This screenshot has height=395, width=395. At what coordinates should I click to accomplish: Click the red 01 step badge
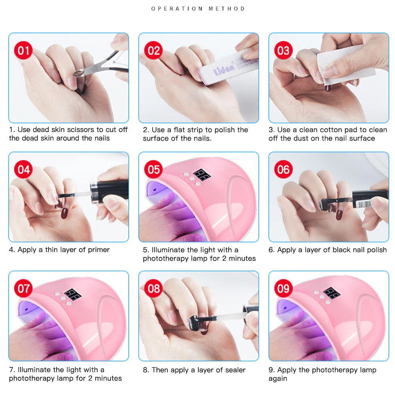(23, 51)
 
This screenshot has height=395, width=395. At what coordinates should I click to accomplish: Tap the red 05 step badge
(153, 169)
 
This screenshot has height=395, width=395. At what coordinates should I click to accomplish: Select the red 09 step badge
(283, 288)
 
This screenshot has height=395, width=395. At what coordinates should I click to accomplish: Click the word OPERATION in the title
(177, 9)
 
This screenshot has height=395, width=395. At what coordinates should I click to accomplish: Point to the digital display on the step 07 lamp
(73, 294)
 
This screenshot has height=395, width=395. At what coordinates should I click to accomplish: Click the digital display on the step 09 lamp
(331, 293)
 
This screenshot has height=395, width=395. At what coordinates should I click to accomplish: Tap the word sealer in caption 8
(235, 370)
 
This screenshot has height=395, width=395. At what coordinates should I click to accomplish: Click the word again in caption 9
(278, 379)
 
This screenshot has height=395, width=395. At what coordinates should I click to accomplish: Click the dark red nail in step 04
(65, 213)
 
